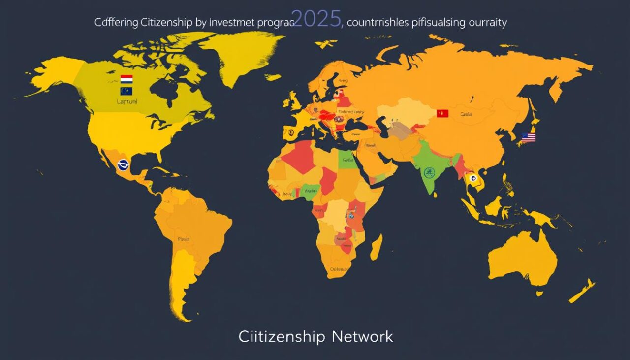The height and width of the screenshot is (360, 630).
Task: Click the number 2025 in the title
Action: pos(317,19)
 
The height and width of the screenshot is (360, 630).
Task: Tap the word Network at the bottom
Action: pos(362,337)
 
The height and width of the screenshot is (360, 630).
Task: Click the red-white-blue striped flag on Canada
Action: pos(126,79)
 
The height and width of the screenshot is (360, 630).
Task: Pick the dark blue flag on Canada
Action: pos(126,91)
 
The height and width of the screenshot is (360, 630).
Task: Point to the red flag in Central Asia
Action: pos(442,113)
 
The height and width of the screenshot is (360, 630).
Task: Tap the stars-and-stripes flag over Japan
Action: pos(528,137)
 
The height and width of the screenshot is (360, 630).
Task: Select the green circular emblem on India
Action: pos(428,172)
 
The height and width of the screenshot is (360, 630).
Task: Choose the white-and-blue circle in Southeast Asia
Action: pos(474,179)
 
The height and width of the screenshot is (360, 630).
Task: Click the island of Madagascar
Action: pos(377,247)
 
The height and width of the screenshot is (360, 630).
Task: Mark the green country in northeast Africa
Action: pos(348,160)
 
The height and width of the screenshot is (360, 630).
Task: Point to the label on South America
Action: pos(183,239)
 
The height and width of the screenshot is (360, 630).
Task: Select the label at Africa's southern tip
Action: pos(339,269)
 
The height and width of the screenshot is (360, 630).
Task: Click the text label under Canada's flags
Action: pos(127,101)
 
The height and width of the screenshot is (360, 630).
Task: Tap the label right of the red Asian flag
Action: pos(465,114)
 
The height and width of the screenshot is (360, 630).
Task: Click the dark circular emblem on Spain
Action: pos(290,131)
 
